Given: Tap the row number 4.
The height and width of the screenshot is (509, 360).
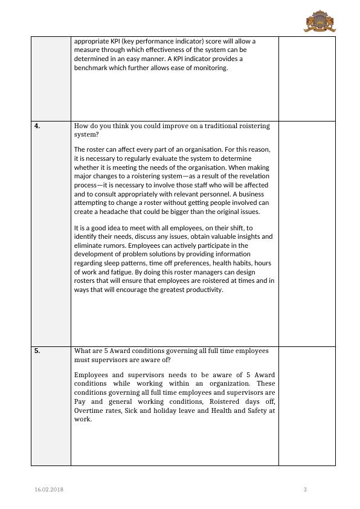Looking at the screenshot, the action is click(x=37, y=126).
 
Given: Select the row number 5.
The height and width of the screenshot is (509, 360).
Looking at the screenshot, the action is click(x=37, y=351).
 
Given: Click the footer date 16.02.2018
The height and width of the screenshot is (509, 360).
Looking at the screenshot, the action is click(x=49, y=489).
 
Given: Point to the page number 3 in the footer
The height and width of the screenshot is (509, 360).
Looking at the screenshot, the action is click(x=305, y=489).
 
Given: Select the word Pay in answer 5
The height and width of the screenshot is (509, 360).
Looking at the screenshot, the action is click(x=80, y=401).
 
